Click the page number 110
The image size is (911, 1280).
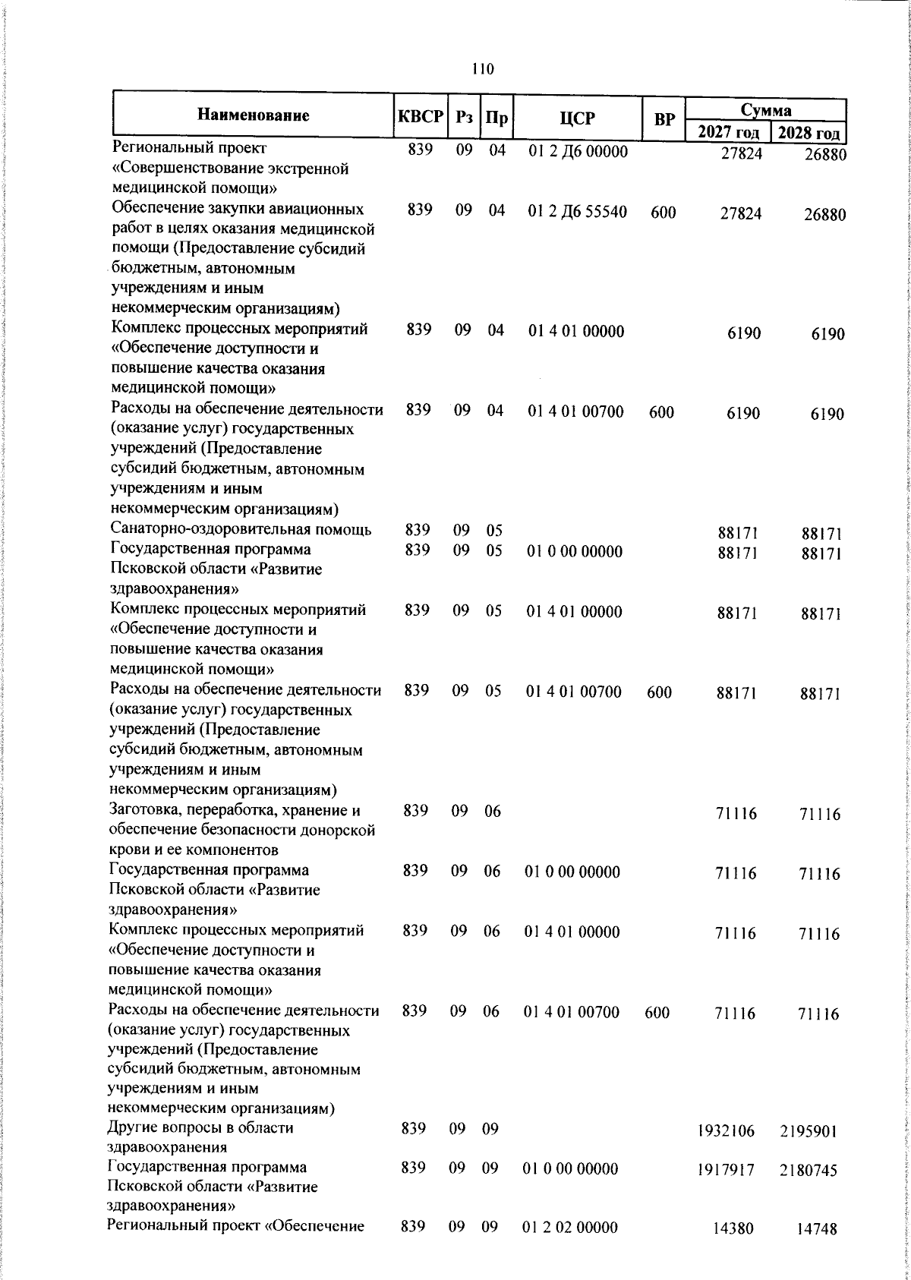coord(482,69)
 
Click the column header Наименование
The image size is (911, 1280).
coord(254,116)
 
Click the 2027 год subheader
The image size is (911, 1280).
coord(728,132)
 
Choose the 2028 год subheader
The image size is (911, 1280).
coord(809,134)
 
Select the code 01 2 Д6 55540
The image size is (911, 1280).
coord(578,212)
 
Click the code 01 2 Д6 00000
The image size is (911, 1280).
coord(578,151)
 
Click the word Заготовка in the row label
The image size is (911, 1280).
coord(144,810)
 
